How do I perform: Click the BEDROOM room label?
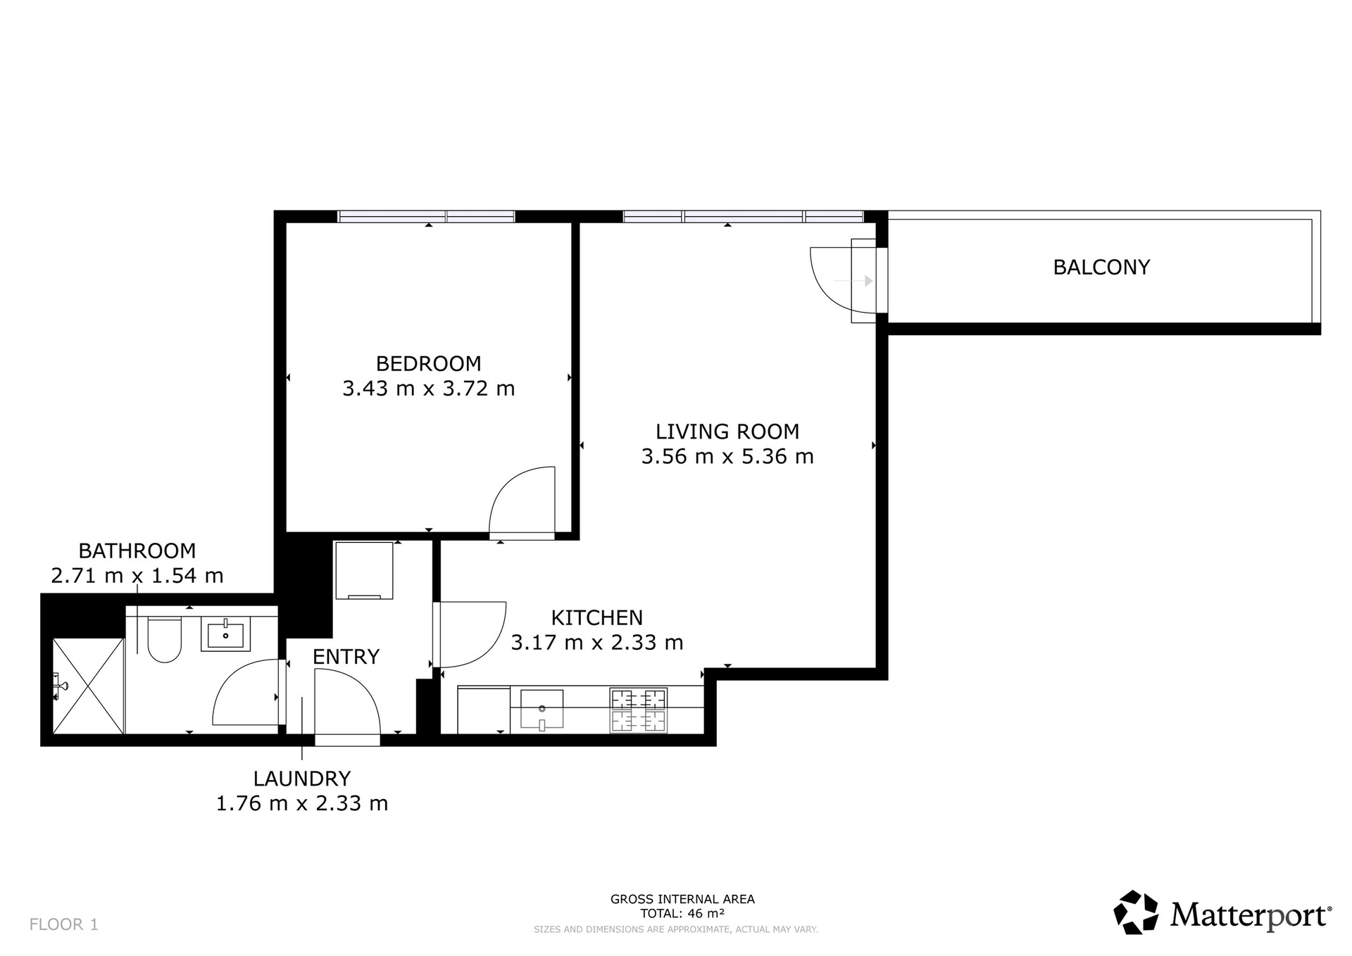click(428, 363)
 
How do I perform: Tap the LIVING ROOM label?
click(727, 432)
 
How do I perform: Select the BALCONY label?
click(1101, 268)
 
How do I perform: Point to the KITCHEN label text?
click(596, 617)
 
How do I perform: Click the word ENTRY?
click(346, 657)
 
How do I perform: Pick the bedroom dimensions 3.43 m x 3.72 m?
click(428, 389)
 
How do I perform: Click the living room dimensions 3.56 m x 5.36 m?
click(727, 457)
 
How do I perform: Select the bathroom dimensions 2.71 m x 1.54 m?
click(137, 576)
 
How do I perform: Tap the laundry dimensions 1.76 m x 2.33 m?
click(302, 803)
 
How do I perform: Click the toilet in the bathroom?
click(165, 640)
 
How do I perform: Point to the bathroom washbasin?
click(226, 634)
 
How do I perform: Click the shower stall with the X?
click(89, 686)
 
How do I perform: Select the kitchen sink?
click(542, 709)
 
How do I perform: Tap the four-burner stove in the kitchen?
click(639, 710)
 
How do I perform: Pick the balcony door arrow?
click(853, 281)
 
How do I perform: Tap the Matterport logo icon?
click(1136, 912)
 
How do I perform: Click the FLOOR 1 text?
click(64, 924)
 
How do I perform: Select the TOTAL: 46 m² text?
click(682, 914)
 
